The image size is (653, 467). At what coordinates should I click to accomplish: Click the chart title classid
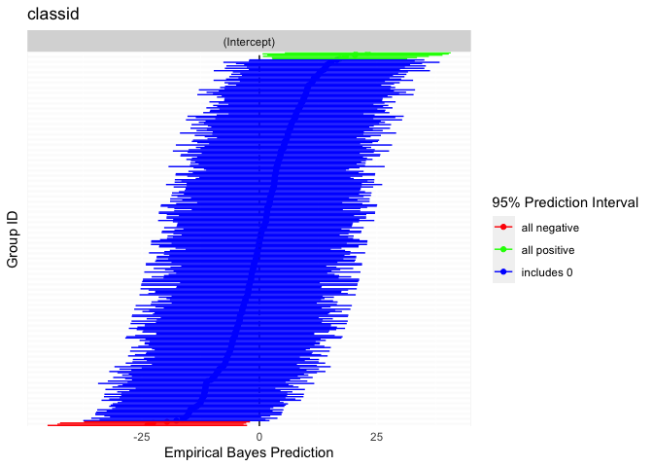click(x=52, y=15)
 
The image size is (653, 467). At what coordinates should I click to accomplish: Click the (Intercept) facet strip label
click(x=249, y=42)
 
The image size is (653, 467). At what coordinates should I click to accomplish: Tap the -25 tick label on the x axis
click(x=142, y=437)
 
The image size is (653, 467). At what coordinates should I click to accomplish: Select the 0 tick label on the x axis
click(x=259, y=437)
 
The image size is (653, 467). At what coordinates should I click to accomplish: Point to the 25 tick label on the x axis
click(x=376, y=437)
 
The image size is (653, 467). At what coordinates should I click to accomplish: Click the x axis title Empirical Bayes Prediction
click(x=249, y=453)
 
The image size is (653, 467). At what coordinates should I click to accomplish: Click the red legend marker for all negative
click(x=503, y=228)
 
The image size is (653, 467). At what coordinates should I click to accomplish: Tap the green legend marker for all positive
click(x=503, y=250)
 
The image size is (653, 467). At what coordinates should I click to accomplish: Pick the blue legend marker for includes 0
click(x=503, y=272)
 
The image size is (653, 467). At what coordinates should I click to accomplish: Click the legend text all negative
click(x=550, y=228)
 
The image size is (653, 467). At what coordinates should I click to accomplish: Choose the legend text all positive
click(x=549, y=250)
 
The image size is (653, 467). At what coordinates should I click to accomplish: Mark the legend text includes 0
click(x=547, y=272)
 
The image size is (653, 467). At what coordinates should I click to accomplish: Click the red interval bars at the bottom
click(x=146, y=423)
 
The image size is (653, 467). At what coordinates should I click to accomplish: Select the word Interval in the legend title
click(x=612, y=202)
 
